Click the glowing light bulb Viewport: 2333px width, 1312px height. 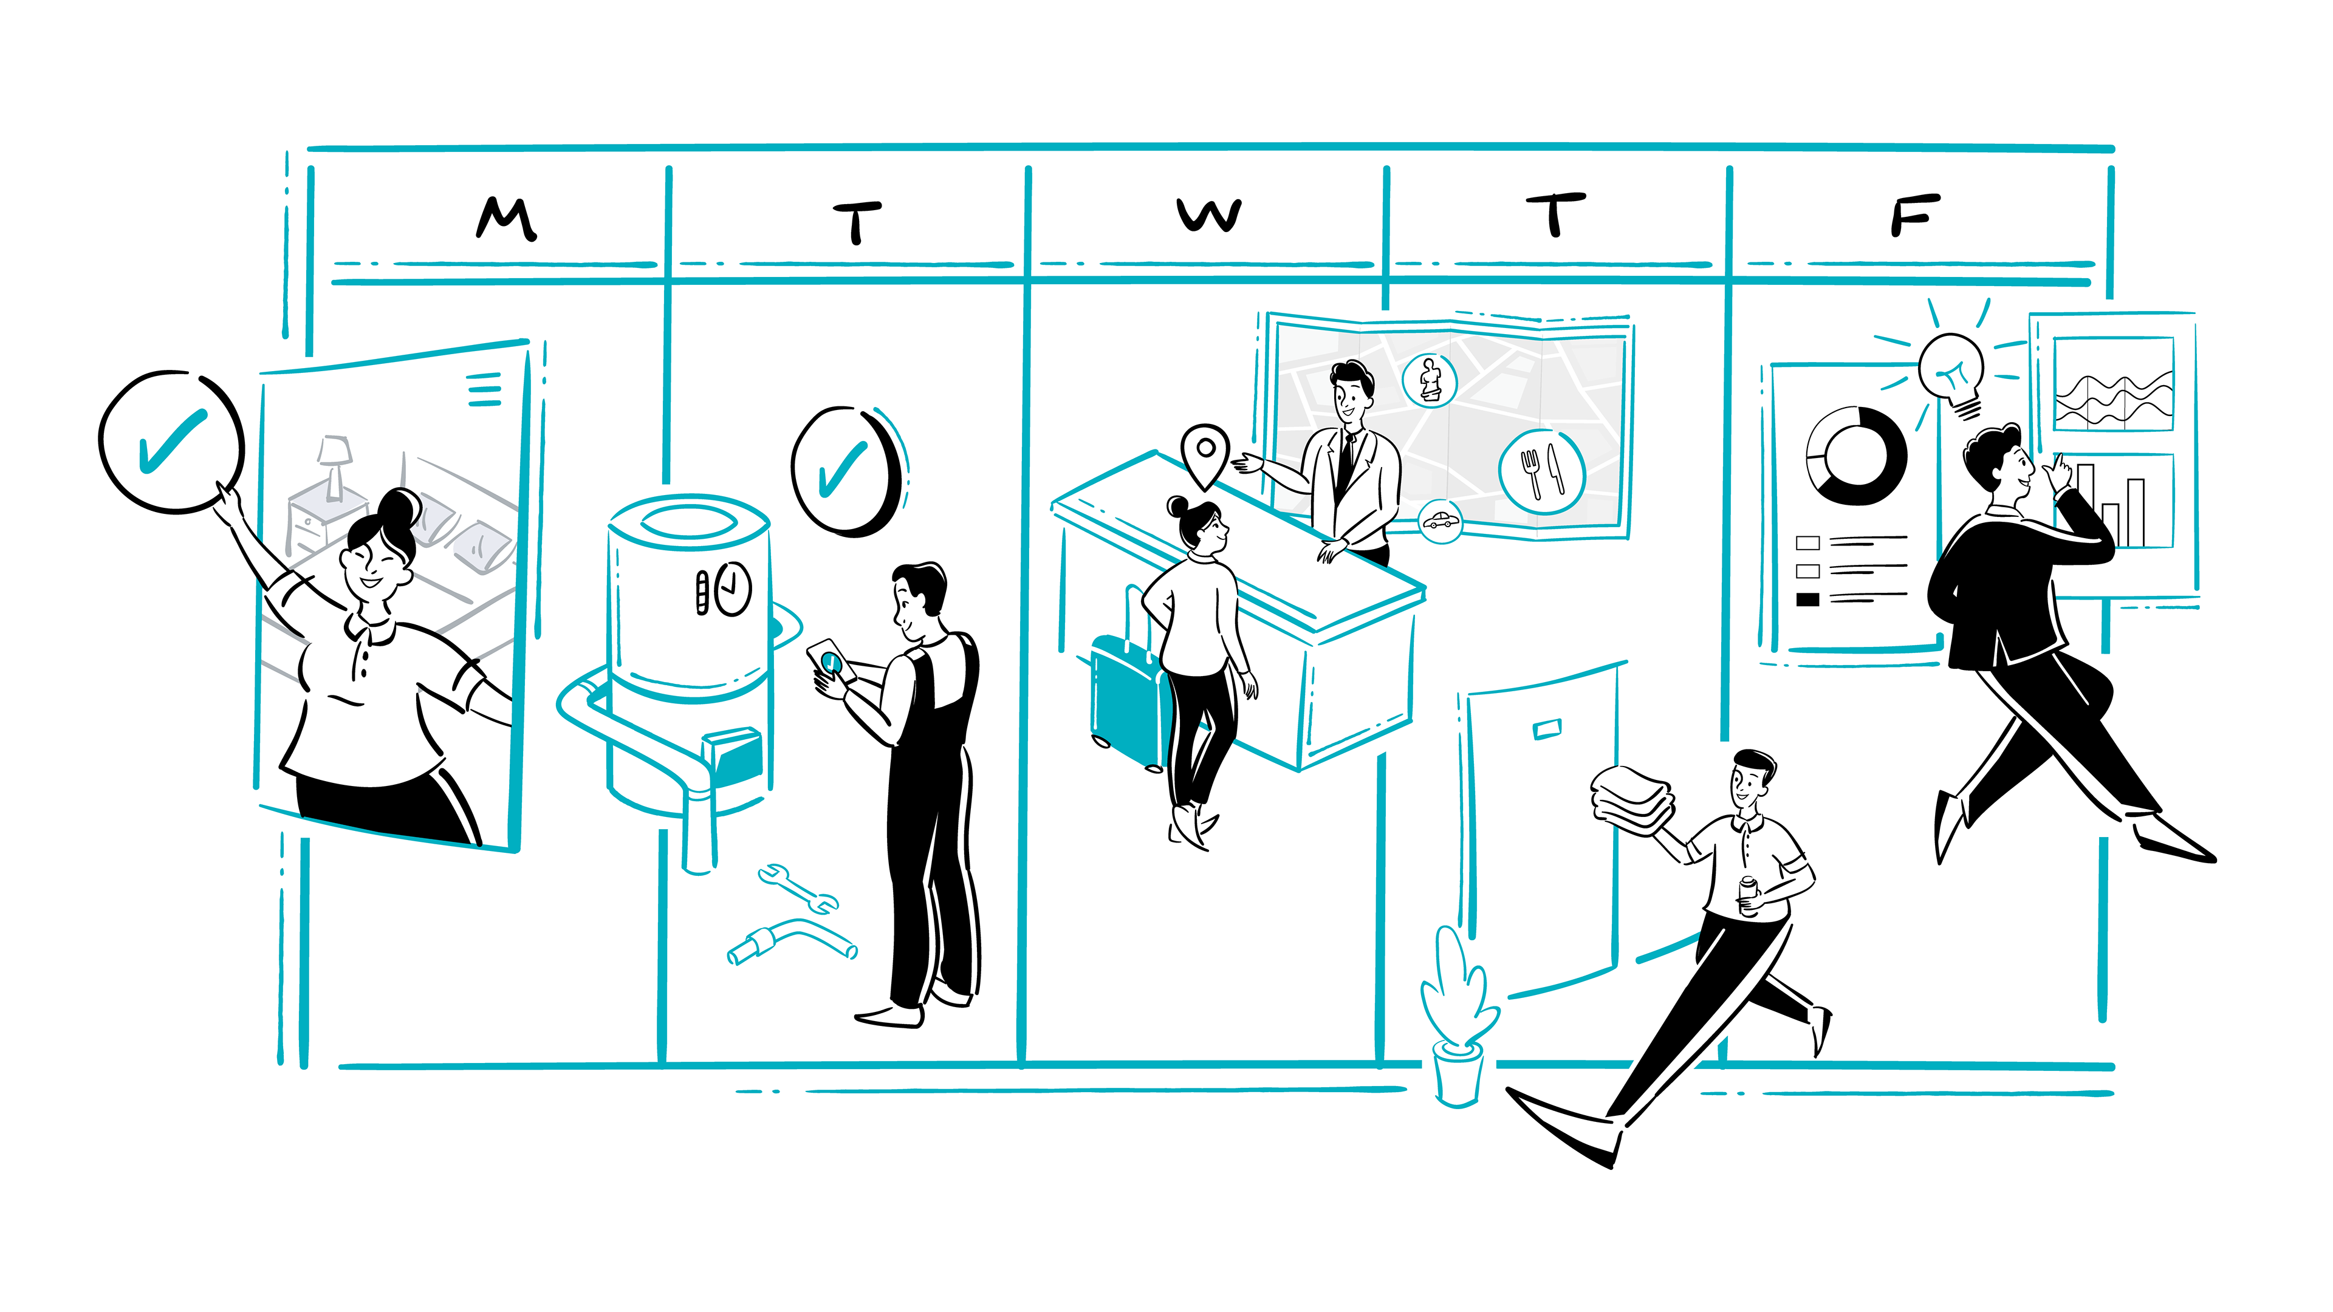1951,371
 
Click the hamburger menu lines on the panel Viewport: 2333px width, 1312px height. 485,389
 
